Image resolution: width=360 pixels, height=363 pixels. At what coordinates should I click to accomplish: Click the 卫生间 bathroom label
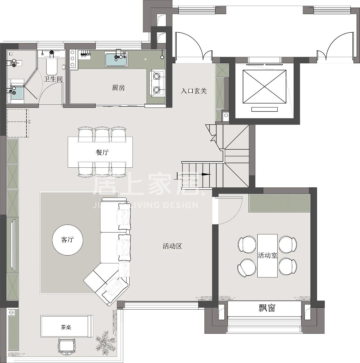(53, 79)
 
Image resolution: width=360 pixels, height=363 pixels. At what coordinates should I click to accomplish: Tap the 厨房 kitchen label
(118, 88)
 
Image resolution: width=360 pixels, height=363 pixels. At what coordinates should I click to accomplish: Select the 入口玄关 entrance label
(193, 91)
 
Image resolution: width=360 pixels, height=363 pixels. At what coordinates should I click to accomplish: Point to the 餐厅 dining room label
(102, 152)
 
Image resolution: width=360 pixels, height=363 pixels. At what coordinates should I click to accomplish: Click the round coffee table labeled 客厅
(67, 240)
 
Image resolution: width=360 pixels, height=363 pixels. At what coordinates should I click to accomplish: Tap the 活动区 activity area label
(172, 246)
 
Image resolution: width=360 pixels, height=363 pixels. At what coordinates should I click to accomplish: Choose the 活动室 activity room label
(267, 255)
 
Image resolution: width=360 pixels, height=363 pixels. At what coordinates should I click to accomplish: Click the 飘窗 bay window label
(267, 308)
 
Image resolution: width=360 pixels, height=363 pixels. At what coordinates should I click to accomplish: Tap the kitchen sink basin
(116, 60)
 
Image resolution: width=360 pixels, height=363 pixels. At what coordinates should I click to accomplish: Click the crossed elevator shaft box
(264, 87)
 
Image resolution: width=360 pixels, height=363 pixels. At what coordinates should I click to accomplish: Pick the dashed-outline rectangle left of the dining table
(18, 123)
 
